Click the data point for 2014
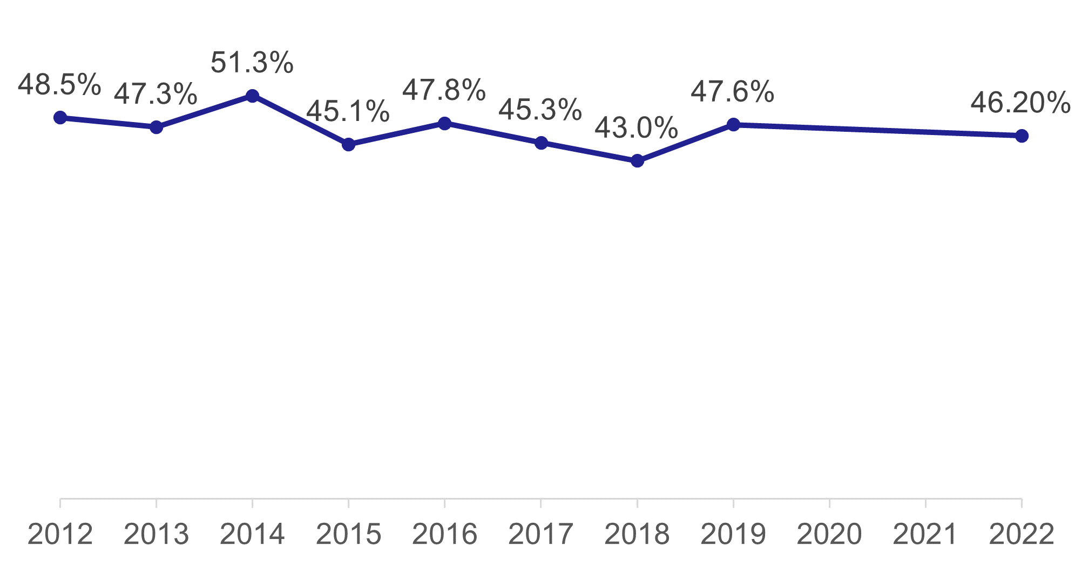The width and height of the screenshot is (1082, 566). (252, 96)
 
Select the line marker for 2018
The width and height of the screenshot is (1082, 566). (637, 161)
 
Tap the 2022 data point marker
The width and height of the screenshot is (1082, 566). (1022, 136)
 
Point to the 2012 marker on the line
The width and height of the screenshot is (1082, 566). (60, 118)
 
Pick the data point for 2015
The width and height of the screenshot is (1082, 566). (349, 144)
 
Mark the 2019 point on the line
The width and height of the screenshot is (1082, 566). (733, 125)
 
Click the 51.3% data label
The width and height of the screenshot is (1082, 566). (252, 63)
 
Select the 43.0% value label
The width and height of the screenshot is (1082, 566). (637, 129)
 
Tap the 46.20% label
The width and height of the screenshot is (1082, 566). (1020, 103)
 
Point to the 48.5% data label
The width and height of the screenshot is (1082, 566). (59, 85)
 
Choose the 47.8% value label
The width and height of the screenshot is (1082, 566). (444, 90)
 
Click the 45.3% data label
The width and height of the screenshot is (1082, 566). (540, 110)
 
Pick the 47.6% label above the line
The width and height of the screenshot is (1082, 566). (733, 92)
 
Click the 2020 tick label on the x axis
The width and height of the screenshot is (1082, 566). (829, 535)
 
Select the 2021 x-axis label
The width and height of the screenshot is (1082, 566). (925, 535)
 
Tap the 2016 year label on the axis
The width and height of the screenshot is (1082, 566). (444, 535)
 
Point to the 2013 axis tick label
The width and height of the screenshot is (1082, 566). (156, 535)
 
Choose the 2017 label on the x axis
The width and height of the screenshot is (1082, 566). (540, 535)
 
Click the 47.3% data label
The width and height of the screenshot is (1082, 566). (155, 95)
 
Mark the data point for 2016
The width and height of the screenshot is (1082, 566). (444, 123)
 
